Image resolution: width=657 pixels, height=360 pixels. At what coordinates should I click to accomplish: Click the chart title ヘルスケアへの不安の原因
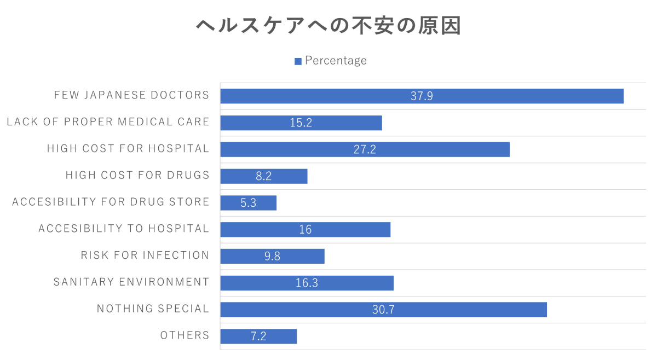tap(328, 26)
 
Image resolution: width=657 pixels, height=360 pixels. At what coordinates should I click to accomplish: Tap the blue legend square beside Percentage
tap(298, 61)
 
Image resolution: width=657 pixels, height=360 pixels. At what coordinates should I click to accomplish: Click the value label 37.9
tap(422, 96)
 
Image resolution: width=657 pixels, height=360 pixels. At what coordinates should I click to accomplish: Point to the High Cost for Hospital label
tap(128, 148)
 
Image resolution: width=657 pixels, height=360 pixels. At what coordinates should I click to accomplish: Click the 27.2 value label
tap(365, 149)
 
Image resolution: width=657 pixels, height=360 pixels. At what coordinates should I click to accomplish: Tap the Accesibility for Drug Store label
tap(111, 202)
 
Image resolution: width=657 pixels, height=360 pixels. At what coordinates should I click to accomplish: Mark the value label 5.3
tap(248, 203)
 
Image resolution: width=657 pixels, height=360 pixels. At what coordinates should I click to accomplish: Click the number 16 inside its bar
tap(305, 230)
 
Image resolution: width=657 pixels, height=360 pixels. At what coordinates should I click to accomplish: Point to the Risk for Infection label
tap(145, 255)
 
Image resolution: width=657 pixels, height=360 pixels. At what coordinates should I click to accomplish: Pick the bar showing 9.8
tap(301, 256)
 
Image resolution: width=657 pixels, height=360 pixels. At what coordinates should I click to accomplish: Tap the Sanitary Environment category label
tap(131, 282)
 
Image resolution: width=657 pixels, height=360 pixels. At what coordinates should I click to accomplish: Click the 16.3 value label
tap(307, 283)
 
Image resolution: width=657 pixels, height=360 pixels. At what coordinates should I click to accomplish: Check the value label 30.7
tap(383, 310)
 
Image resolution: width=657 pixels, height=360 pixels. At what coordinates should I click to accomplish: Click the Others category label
tap(185, 335)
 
